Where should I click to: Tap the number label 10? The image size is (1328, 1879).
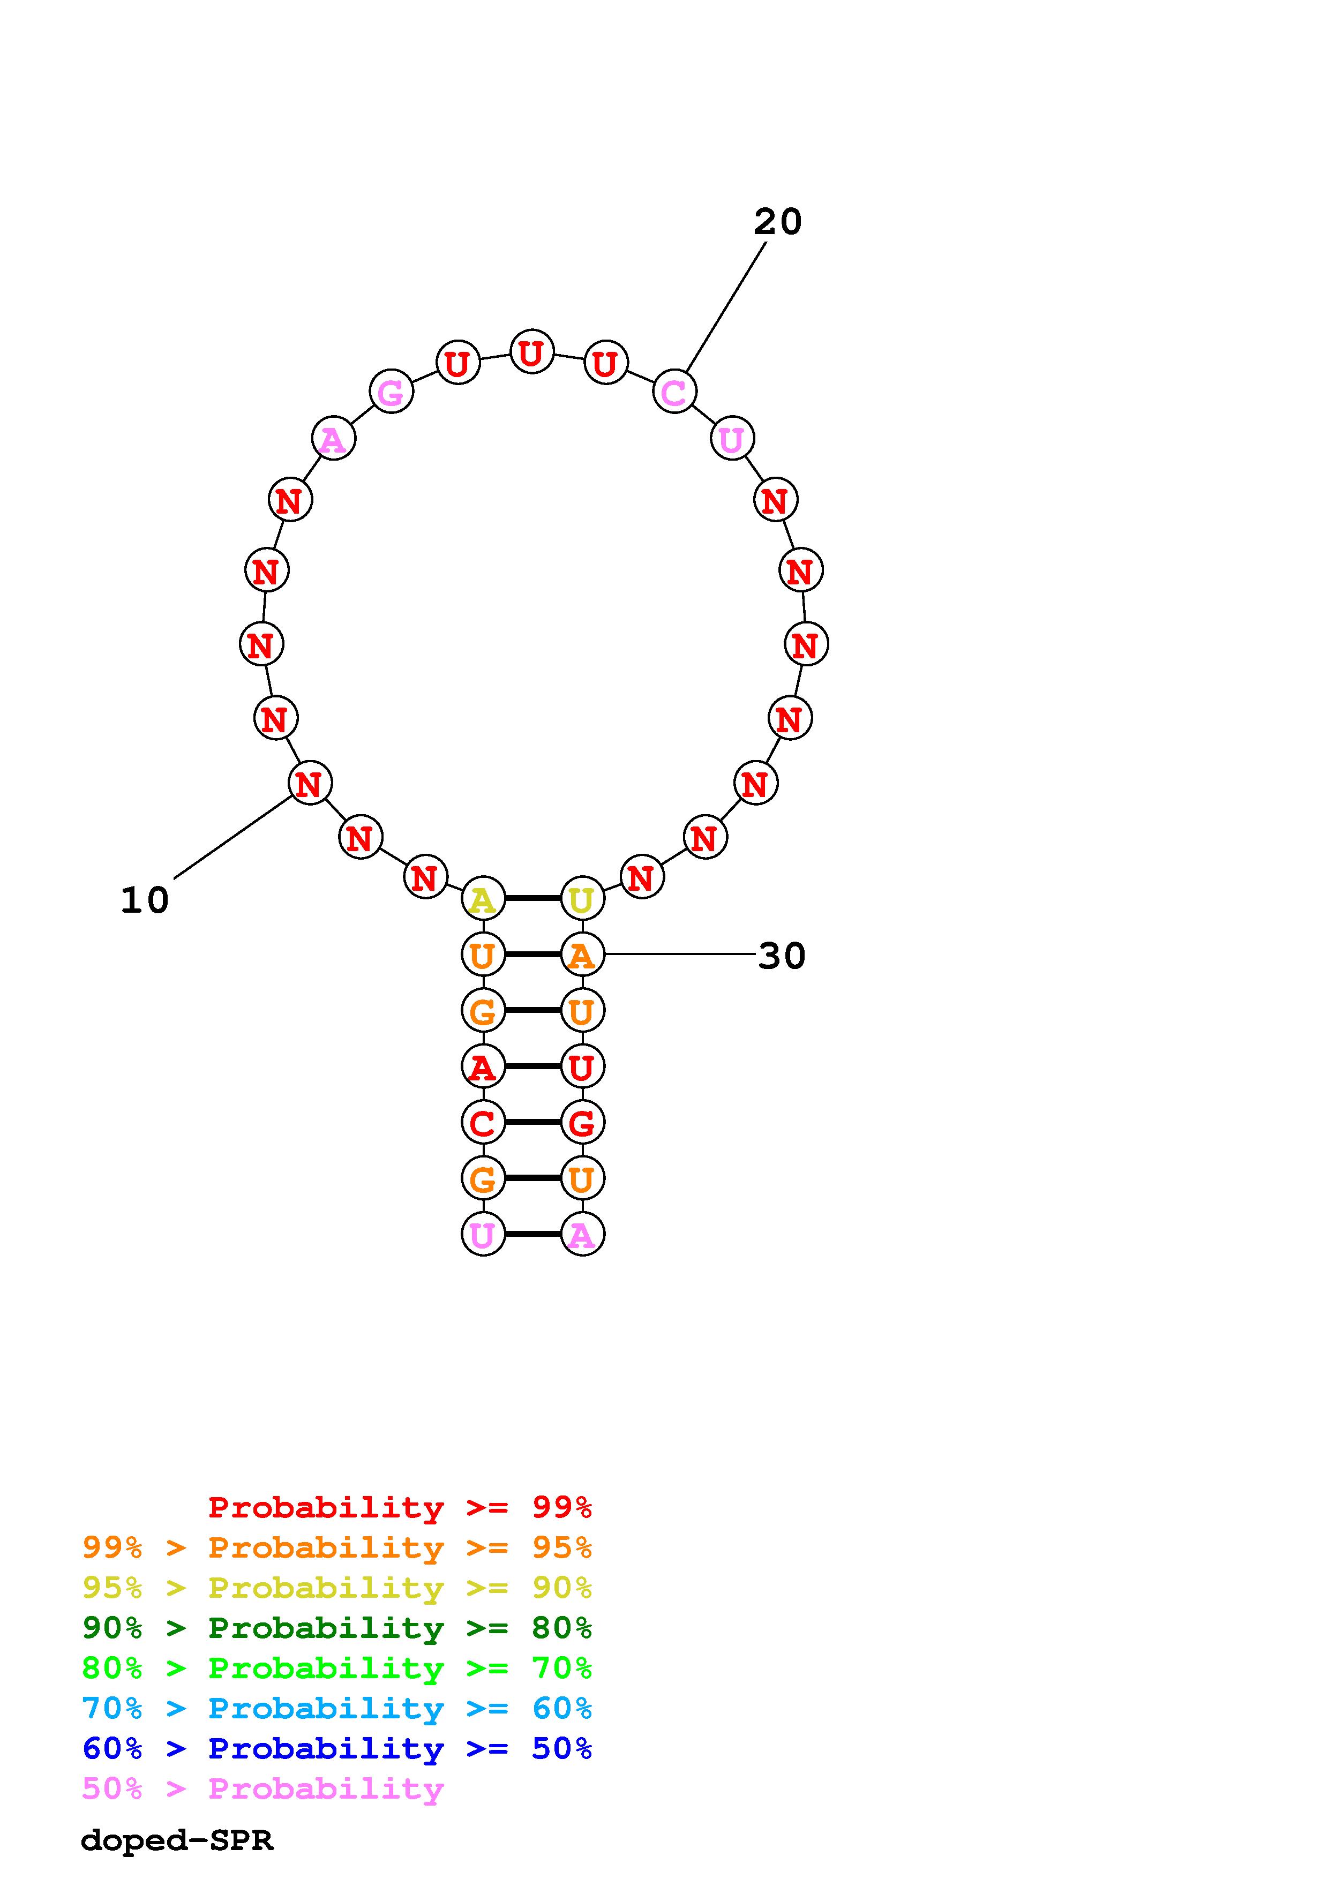145,900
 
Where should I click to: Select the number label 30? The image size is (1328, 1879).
782,956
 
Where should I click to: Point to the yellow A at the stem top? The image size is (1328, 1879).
483,899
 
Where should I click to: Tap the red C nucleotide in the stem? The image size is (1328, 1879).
483,1122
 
